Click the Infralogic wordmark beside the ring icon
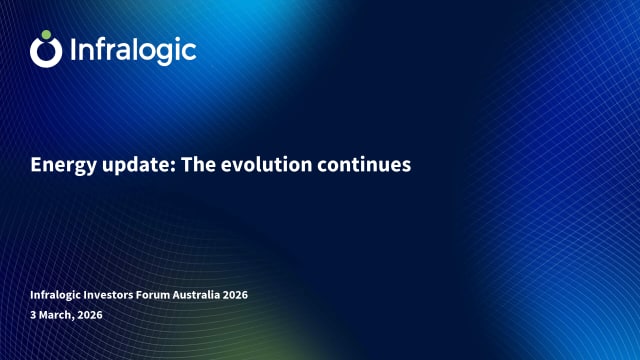click(133, 50)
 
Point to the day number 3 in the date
click(33, 315)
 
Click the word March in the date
click(56, 315)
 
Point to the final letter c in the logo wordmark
click(189, 52)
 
